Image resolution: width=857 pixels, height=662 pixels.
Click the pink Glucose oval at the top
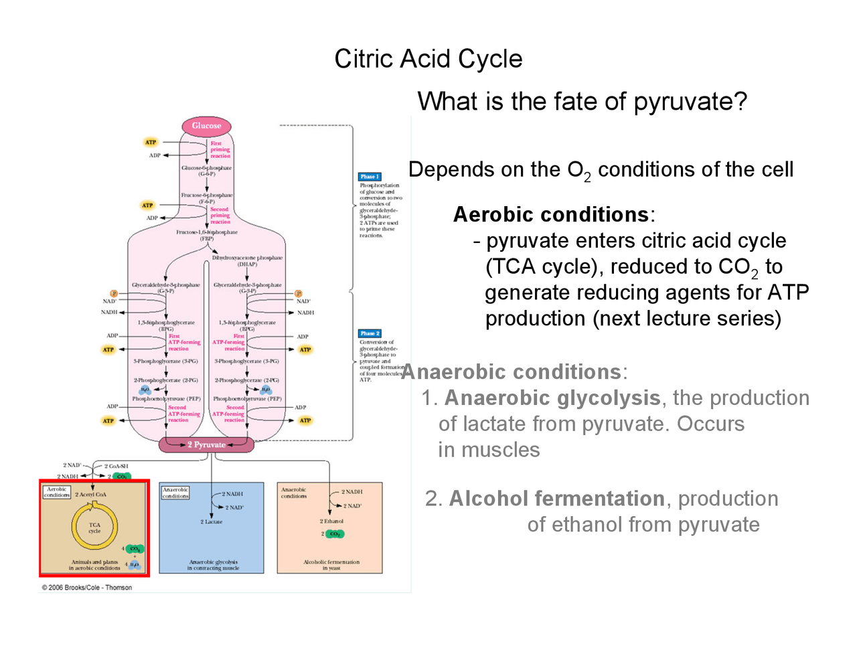click(206, 126)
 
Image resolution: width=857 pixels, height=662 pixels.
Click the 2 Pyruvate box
click(206, 444)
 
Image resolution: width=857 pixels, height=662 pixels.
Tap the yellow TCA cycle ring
click(94, 527)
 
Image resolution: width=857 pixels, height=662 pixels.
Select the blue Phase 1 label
click(370, 177)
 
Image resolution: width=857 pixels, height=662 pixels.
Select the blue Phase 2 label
click(370, 333)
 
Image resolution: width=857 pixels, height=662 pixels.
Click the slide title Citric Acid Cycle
click(428, 59)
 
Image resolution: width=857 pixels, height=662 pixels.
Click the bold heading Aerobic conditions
click(551, 215)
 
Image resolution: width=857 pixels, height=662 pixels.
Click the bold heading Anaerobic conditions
click(512, 372)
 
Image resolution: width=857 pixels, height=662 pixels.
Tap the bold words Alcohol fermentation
click(556, 499)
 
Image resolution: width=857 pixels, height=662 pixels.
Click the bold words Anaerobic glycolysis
click(552, 398)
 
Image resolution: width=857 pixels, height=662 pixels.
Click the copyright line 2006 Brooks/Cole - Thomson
click(87, 588)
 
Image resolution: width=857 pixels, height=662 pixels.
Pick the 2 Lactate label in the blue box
click(212, 521)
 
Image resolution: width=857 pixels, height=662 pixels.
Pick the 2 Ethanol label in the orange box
click(331, 521)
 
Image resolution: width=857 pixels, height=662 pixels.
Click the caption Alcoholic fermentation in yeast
click(331, 565)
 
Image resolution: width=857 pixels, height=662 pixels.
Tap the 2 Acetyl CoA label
click(90, 495)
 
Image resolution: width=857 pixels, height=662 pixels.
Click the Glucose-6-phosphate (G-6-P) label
click(206, 171)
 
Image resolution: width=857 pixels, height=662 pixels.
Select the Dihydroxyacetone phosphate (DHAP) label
click(247, 260)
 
